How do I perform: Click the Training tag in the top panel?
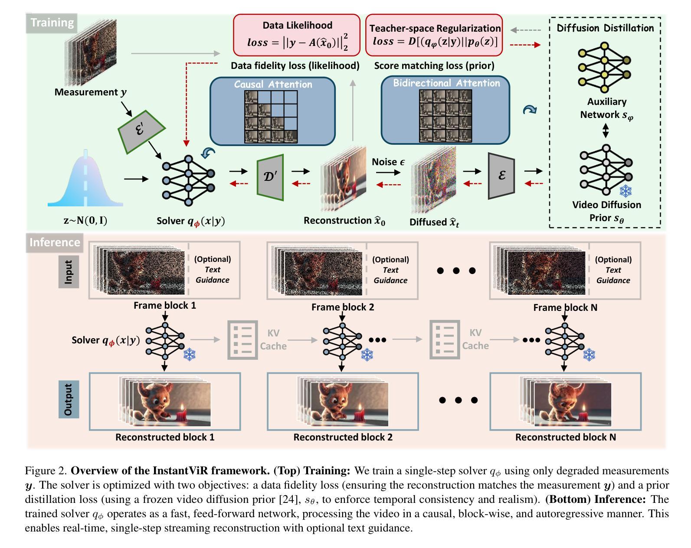(52, 23)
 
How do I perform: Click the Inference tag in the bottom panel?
(55, 242)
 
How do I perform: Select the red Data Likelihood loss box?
(297, 35)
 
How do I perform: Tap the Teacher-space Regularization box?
(434, 35)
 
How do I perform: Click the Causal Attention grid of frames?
(271, 117)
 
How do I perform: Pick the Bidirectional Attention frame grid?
(445, 116)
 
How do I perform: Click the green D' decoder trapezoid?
(270, 177)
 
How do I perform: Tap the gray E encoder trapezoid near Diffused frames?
(501, 176)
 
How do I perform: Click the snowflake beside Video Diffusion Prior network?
(625, 191)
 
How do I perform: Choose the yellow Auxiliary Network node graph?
(604, 67)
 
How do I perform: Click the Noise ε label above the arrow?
(388, 162)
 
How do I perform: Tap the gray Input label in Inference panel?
(69, 271)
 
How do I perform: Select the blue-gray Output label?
(69, 399)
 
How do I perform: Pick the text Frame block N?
(565, 307)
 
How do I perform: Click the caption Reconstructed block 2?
(343, 437)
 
